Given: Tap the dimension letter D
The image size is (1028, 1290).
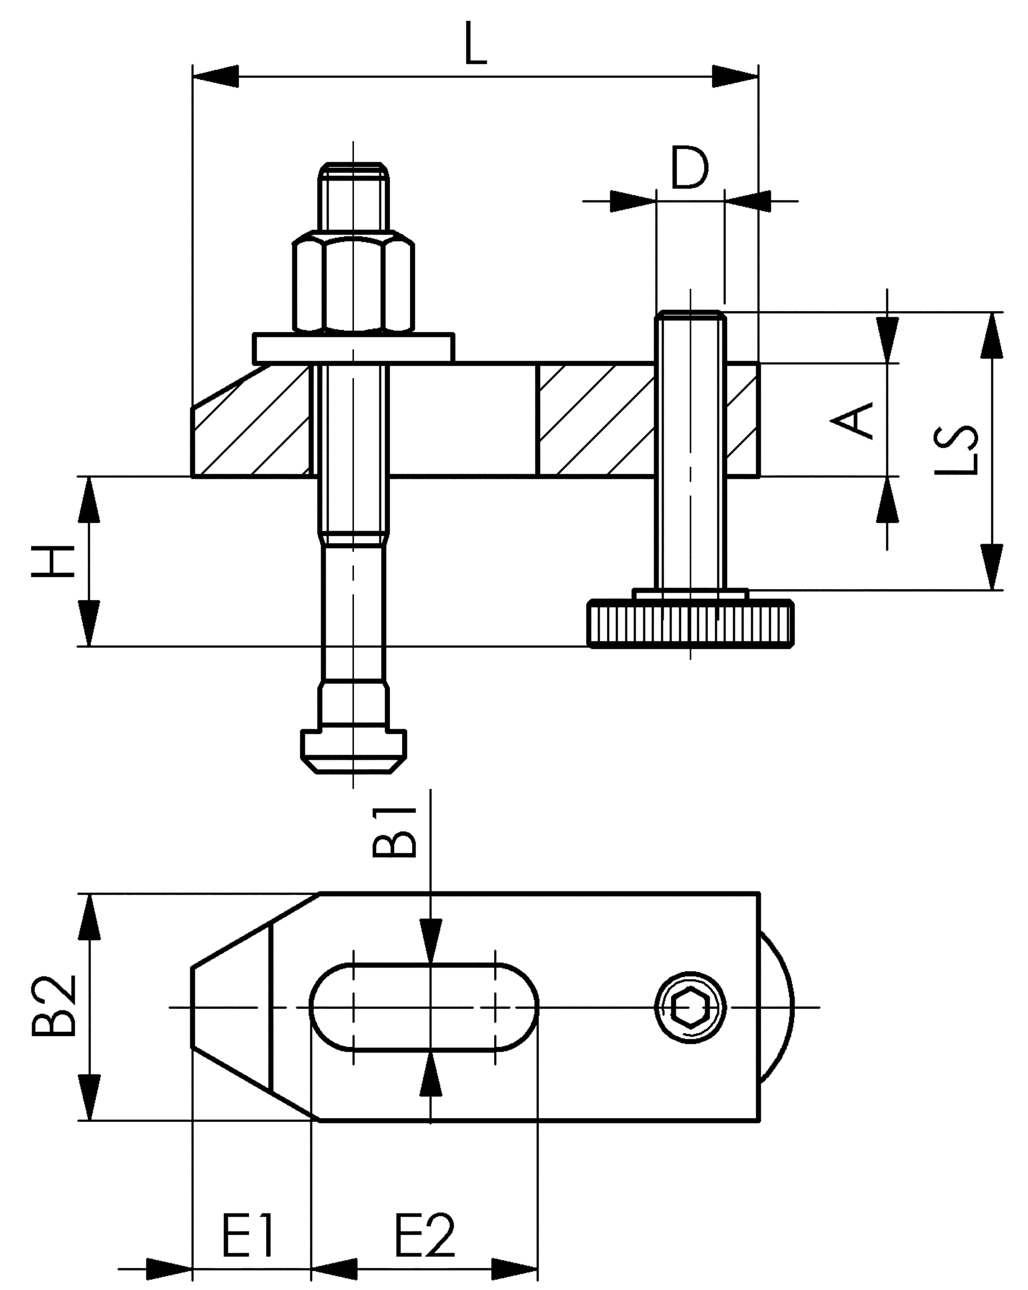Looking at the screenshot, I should [690, 167].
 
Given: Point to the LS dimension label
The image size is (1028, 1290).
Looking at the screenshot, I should [956, 449].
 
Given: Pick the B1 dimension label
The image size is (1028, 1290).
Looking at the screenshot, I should [394, 832].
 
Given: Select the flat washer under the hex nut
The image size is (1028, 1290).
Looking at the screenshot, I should [353, 348].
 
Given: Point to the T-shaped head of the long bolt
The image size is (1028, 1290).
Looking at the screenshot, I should [353, 751].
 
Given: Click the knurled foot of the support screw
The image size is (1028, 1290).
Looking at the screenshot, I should [691, 625].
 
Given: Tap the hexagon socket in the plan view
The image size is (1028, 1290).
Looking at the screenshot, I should [690, 1008].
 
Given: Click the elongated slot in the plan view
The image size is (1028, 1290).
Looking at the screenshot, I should [424, 1007].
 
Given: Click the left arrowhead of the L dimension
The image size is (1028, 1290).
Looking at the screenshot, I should [215, 77].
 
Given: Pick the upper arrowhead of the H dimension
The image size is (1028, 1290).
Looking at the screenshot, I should [89, 500].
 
